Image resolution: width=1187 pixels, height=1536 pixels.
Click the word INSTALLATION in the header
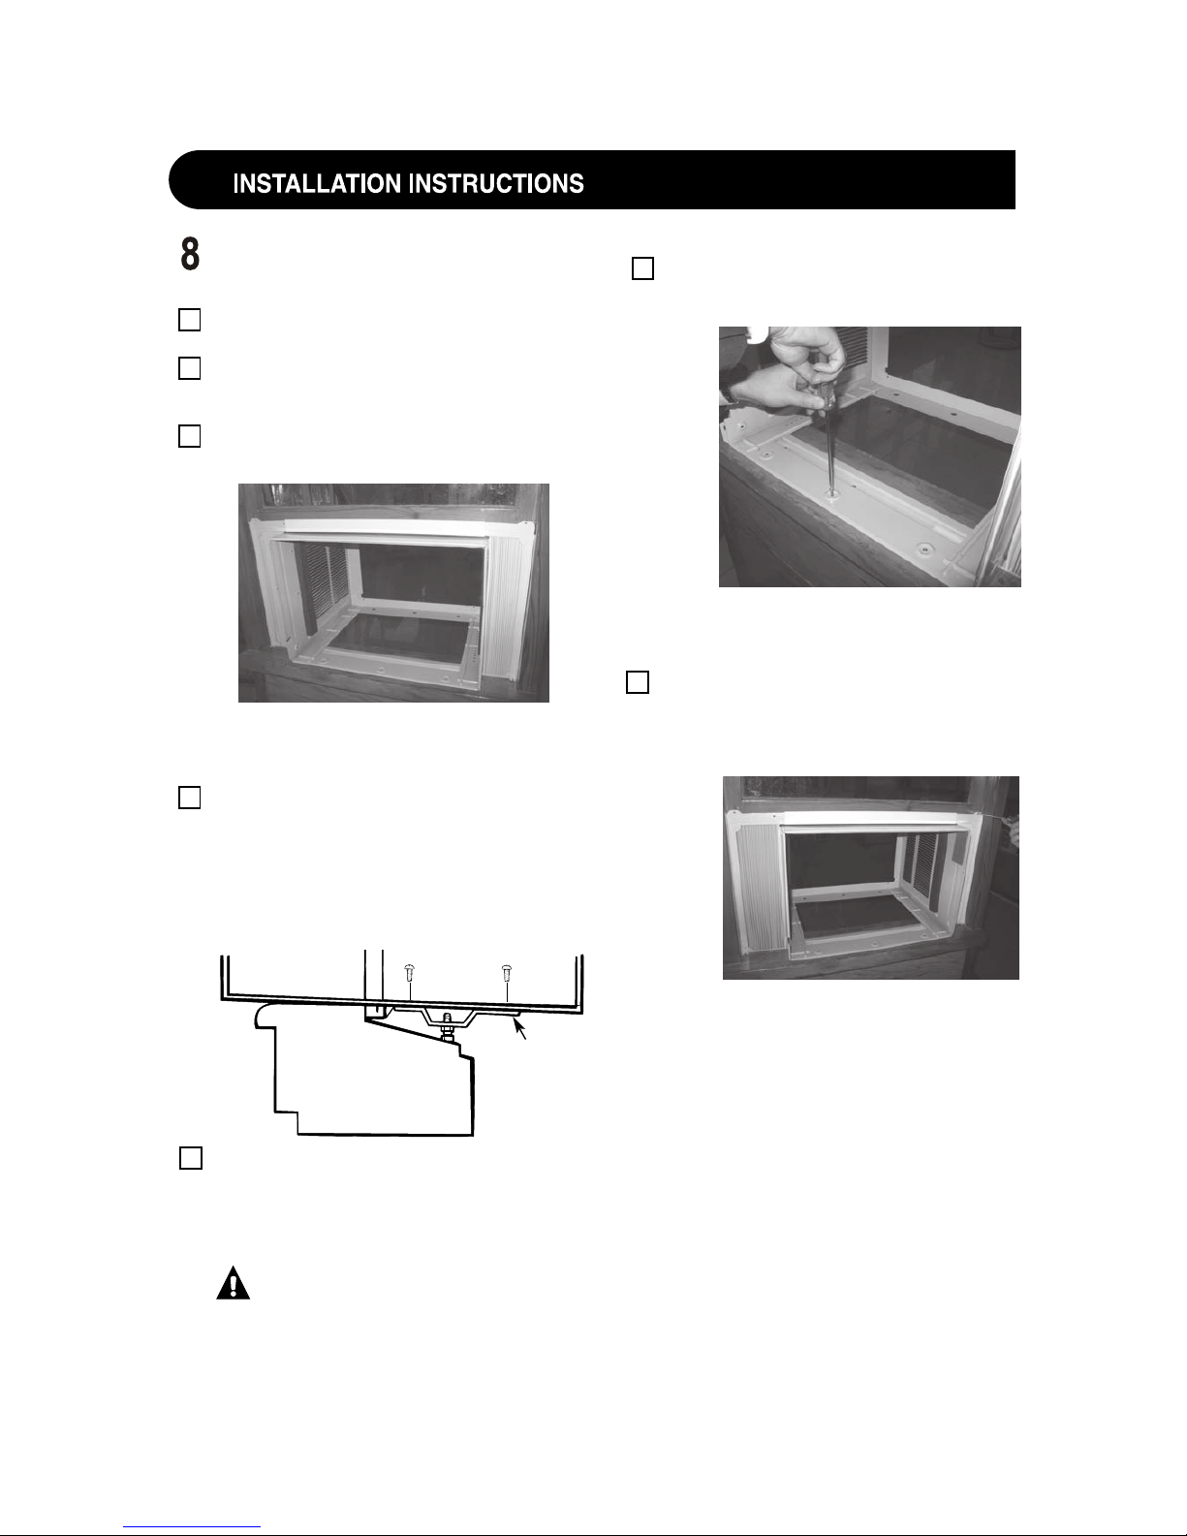(x=319, y=184)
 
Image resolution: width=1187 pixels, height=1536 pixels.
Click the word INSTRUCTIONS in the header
(x=497, y=184)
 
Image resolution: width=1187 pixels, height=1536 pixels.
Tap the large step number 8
(x=190, y=254)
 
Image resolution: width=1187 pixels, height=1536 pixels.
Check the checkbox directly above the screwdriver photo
(x=642, y=268)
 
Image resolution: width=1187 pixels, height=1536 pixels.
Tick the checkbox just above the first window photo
(x=189, y=436)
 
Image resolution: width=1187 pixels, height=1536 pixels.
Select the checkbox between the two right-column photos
(x=638, y=682)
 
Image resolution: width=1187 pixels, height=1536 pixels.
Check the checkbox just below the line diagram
(x=191, y=1158)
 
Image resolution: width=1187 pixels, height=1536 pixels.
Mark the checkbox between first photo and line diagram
(x=189, y=798)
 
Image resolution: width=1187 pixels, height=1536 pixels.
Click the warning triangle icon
(x=234, y=1284)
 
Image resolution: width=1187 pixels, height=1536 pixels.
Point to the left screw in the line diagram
(x=409, y=973)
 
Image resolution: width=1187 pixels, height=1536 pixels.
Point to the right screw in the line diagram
(x=507, y=973)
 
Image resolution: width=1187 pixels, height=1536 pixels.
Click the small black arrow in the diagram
(x=519, y=1028)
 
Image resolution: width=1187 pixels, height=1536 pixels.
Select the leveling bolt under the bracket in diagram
(x=446, y=1026)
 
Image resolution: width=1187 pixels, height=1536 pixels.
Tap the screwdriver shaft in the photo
(x=828, y=447)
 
